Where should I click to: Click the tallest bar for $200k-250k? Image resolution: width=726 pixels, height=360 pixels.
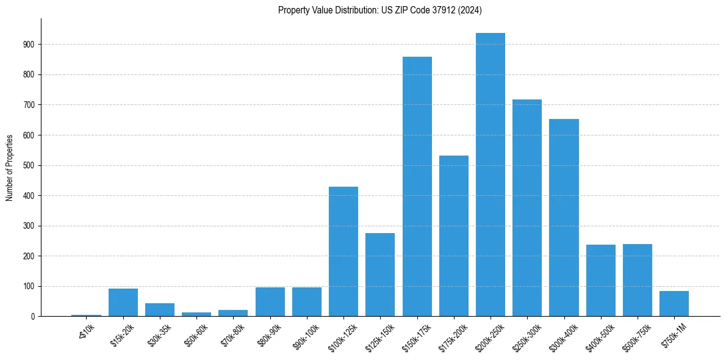tap(490, 175)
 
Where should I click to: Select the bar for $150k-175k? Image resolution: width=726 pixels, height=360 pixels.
tap(417, 187)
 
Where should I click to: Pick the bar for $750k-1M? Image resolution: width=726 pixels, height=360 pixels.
tap(674, 303)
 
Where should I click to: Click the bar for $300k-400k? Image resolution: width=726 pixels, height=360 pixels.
tap(564, 218)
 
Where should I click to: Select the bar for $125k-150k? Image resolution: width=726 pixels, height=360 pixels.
tap(380, 275)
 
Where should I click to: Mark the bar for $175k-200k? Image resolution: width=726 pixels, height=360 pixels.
tap(453, 236)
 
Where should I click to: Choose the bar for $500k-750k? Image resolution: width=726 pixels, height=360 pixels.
tap(637, 280)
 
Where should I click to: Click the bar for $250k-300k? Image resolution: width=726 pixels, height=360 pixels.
tap(527, 208)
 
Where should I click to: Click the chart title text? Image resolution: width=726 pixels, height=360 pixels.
tap(380, 10)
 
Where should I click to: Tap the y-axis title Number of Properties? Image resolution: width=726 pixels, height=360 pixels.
tap(10, 168)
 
